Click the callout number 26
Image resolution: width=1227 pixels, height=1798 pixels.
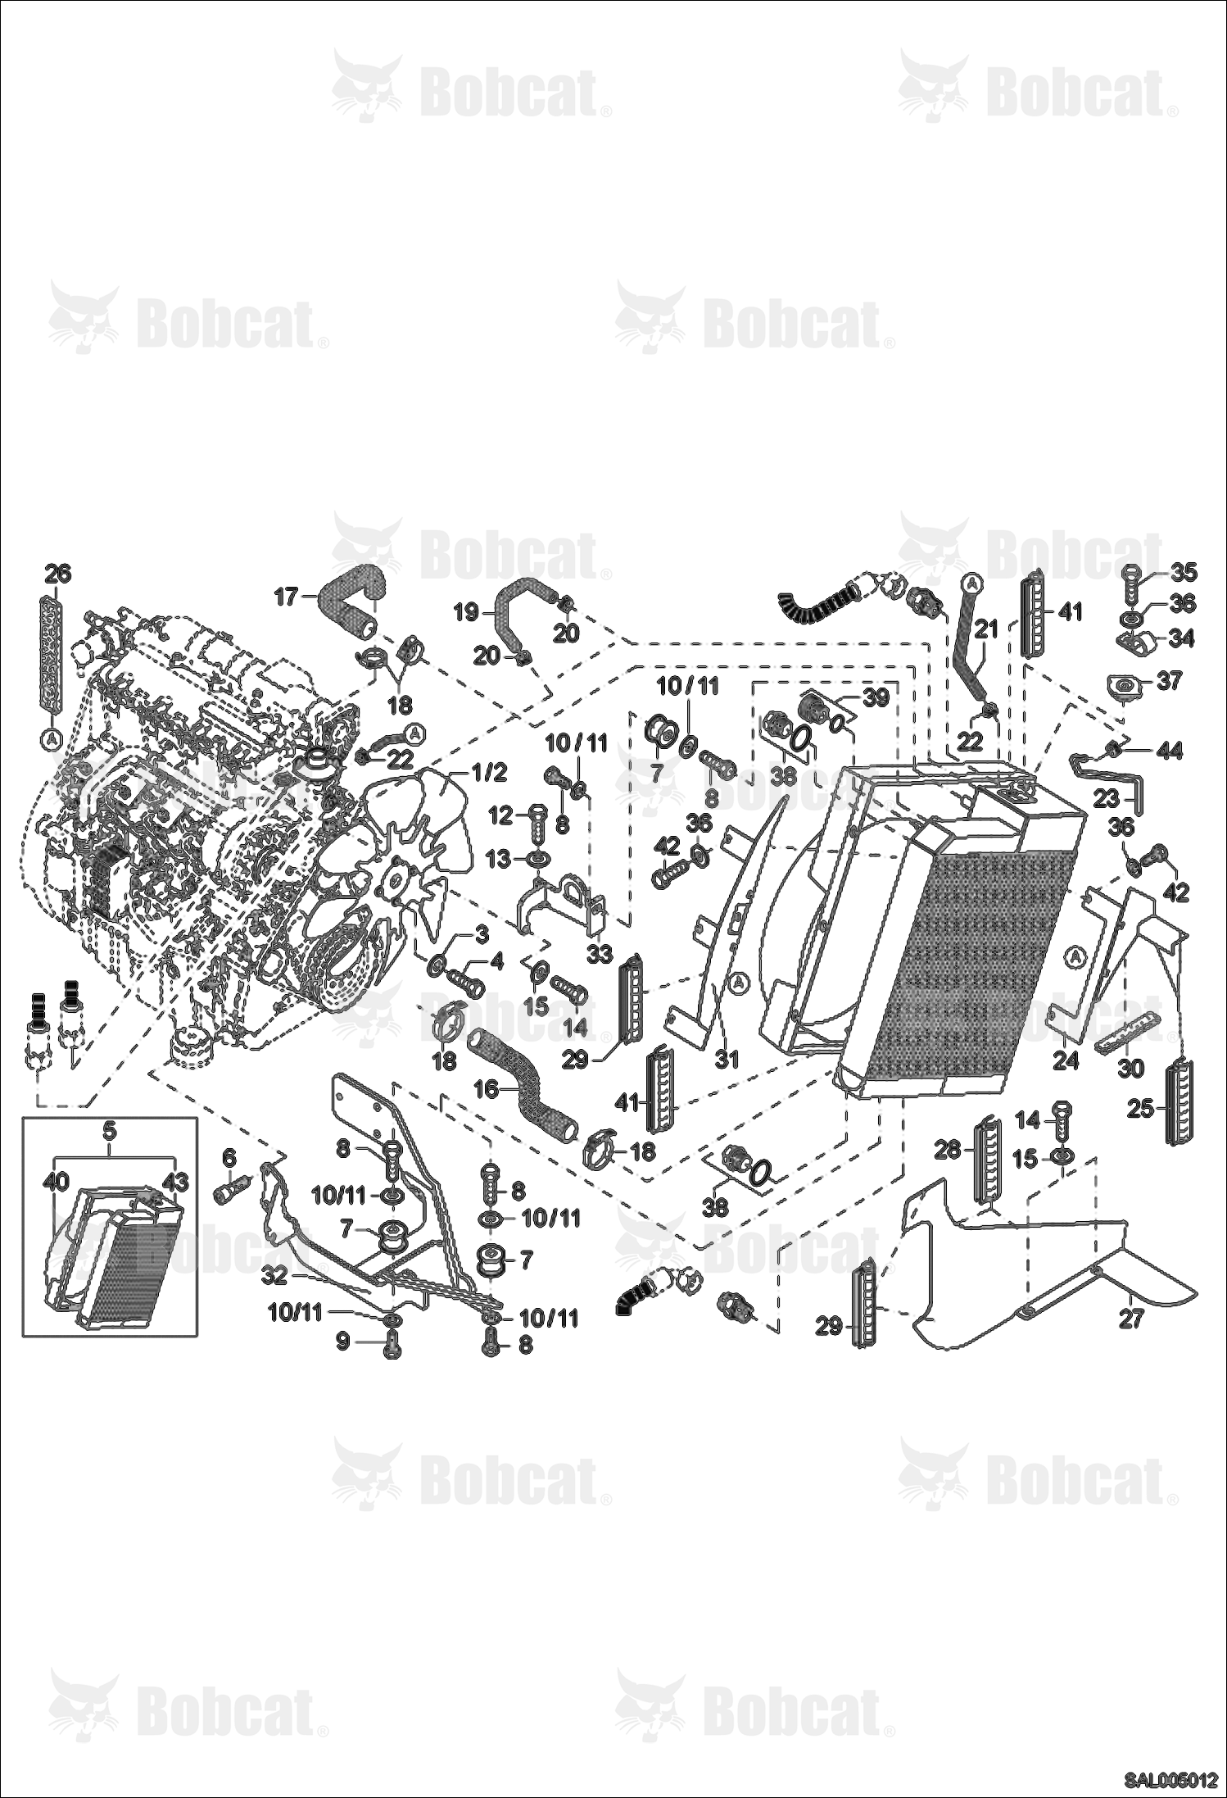(x=57, y=573)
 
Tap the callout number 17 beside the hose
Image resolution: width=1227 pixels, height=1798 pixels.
(x=287, y=597)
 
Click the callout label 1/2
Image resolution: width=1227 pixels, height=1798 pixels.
(x=489, y=772)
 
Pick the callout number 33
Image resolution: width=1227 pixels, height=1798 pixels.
(x=600, y=954)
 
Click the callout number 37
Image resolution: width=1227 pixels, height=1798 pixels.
(x=1170, y=679)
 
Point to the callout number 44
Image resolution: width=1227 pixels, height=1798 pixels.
(x=1170, y=750)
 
